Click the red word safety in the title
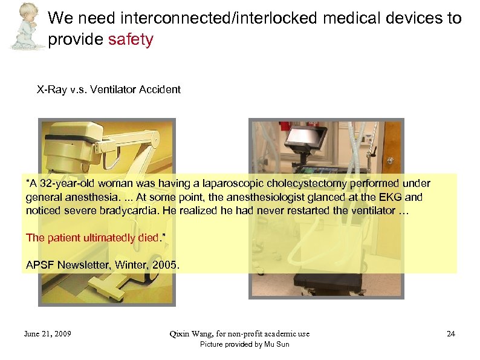tap(131, 41)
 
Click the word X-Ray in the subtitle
tap(50, 90)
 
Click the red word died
tap(145, 237)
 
